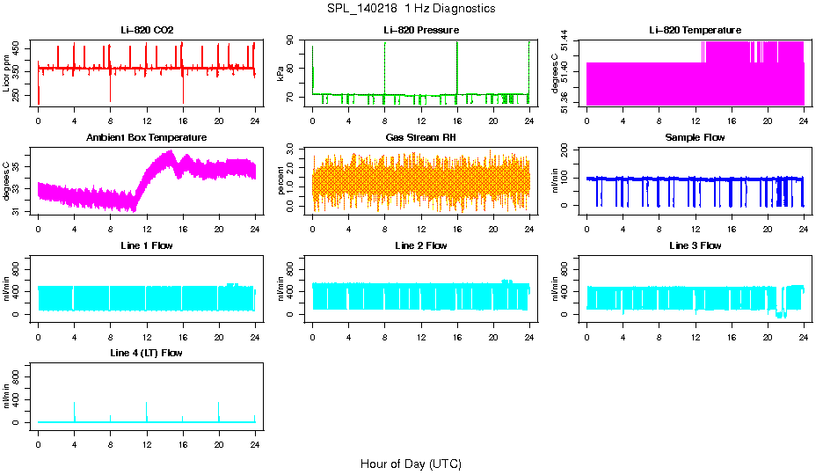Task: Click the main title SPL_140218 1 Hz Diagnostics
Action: pyautogui.click(x=411, y=9)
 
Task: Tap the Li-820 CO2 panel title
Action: pyautogui.click(x=147, y=30)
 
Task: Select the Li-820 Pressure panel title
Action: pyautogui.click(x=421, y=30)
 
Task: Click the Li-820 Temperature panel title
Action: pyautogui.click(x=695, y=30)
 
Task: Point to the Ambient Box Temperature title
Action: pyautogui.click(x=147, y=137)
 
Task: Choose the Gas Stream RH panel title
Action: pyautogui.click(x=421, y=137)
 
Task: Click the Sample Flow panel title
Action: pyautogui.click(x=695, y=137)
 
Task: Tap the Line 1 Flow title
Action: pyautogui.click(x=147, y=245)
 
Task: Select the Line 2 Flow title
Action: pyautogui.click(x=421, y=245)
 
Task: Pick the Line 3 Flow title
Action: pyautogui.click(x=695, y=245)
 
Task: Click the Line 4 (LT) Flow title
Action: pyautogui.click(x=147, y=353)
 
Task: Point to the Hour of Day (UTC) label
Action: pyautogui.click(x=411, y=464)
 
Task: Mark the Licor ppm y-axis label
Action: pyautogui.click(x=7, y=74)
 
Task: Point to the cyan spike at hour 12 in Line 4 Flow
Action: pyautogui.click(x=147, y=410)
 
